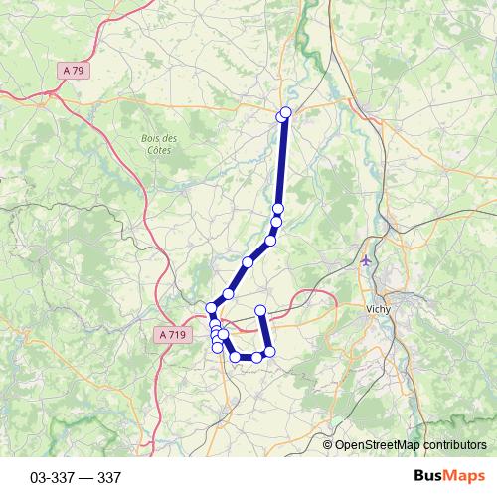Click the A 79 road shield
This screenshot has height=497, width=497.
tap(72, 70)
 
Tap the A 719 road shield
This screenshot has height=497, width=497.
tap(171, 336)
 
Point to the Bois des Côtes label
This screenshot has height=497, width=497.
tap(157, 144)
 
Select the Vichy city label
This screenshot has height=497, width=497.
tap(379, 309)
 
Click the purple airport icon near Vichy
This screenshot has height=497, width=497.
tap(368, 261)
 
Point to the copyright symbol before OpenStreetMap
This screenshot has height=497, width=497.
tap(328, 445)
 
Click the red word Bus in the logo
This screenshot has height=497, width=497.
tap(428, 477)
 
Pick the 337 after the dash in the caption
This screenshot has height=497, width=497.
tap(109, 478)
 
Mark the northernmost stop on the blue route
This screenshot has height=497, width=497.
tap(286, 112)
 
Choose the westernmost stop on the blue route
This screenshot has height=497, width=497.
tap(211, 308)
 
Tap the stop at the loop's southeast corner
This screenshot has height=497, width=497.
tap(268, 352)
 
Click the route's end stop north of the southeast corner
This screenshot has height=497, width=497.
tap(261, 311)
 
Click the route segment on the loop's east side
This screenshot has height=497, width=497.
tap(264, 332)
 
